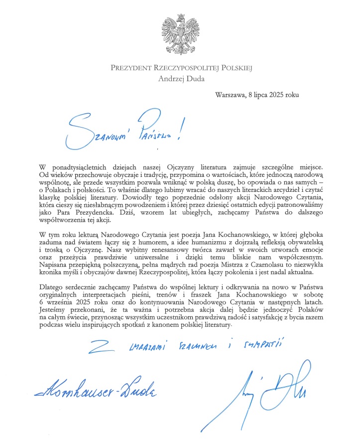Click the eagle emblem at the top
pyautogui.click(x=180, y=31)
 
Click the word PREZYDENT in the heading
pyautogui.click(x=131, y=68)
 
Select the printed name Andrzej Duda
pyautogui.click(x=180, y=77)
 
